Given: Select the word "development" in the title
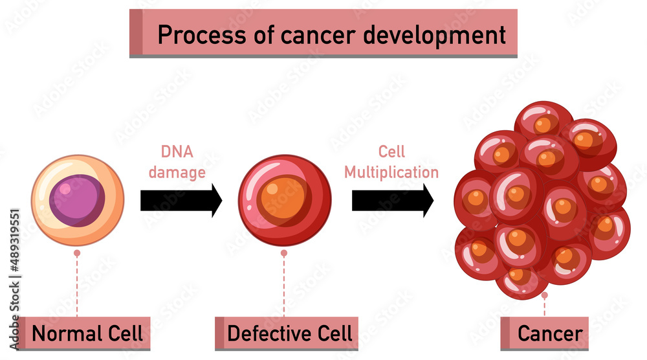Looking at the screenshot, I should tap(434, 34).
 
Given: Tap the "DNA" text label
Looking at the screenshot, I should tap(177, 153).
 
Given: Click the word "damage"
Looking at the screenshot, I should tap(177, 173).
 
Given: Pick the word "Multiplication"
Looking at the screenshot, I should tap(391, 172).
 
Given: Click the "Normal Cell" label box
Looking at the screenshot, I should tap(84, 334).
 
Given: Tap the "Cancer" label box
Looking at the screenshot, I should tap(545, 334).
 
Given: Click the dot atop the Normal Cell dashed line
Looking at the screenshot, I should tap(77, 254).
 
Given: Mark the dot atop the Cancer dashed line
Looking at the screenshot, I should tap(545, 295).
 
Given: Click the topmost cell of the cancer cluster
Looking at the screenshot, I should tap(543, 122).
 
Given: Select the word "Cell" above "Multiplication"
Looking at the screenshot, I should tap(391, 152).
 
